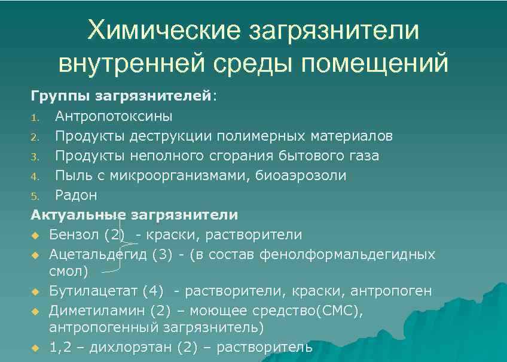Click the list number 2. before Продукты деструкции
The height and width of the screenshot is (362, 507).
point(35,136)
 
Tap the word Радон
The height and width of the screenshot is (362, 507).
point(76,195)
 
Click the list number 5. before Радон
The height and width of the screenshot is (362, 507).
point(35,196)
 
